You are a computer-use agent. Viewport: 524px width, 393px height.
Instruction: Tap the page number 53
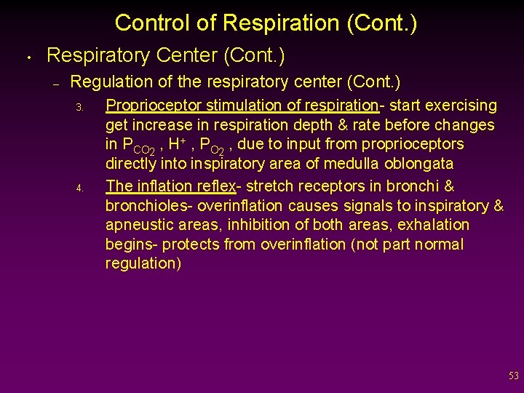514,376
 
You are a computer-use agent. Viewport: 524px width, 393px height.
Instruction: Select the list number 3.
81,108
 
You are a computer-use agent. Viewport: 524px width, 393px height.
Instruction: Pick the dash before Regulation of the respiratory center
55,84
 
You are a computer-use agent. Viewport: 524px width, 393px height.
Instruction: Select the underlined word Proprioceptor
151,106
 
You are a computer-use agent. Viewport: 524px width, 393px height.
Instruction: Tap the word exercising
461,106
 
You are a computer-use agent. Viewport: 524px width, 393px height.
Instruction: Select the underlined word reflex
214,186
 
